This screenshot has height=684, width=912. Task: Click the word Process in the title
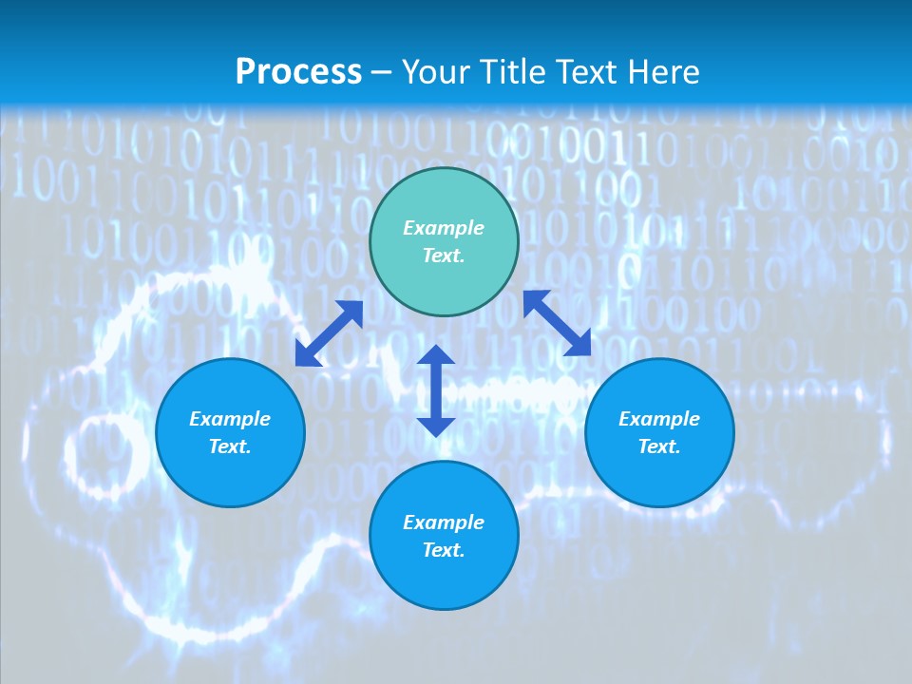coord(298,72)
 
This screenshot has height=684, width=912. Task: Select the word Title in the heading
coord(516,72)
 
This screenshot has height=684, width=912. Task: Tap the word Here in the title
coord(661,72)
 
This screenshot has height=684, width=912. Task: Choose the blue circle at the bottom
coord(444,579)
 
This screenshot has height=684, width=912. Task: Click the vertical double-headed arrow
coord(436,390)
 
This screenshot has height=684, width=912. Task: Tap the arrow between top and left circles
coord(329,332)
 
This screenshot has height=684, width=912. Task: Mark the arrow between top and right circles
coord(557,323)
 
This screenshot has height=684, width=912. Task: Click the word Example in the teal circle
coord(444,228)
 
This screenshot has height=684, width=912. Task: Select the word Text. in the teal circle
coord(444,256)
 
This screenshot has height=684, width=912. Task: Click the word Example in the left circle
coord(230,419)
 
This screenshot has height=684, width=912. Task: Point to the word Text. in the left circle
coord(230,446)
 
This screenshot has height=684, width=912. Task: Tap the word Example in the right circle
coord(659,419)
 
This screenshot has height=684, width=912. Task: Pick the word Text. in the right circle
coord(659,446)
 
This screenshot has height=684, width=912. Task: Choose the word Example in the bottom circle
coord(444,522)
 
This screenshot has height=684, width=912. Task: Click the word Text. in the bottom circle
coord(444,550)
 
